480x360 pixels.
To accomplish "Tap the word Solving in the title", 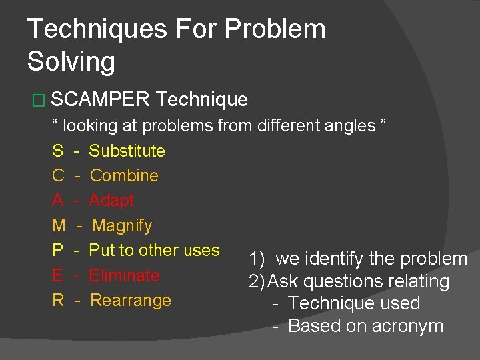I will coord(71,62).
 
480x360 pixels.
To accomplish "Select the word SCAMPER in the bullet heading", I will coord(100,100).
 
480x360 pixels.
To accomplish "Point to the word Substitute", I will coord(127,151).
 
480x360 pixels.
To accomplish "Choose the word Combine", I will coord(124,175).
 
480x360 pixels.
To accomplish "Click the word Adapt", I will coord(111,200).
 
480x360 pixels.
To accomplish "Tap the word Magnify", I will coord(122,226).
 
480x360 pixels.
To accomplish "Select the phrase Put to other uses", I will coord(154,250).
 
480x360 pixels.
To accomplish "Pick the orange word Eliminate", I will coord(124,275).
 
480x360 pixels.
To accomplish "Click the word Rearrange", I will coord(131,301).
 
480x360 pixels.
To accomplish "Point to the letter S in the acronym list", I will coord(57,151).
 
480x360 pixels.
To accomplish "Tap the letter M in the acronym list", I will coord(59,226).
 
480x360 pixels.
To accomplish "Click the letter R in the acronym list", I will coord(58,301).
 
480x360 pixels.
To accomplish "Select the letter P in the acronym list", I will coord(57,251).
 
